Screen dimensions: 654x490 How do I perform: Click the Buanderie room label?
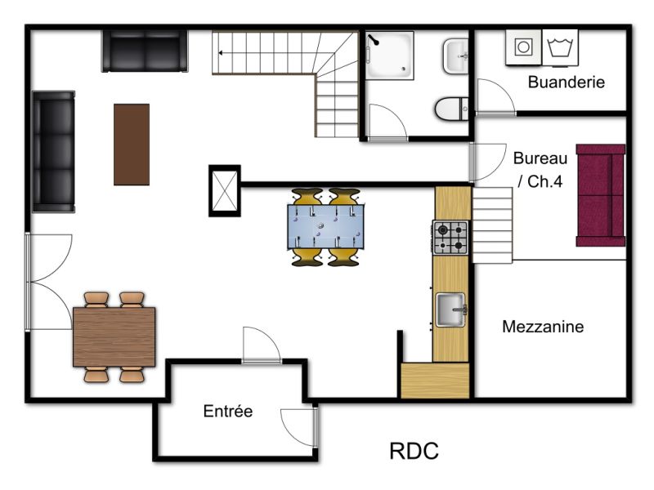[566, 82]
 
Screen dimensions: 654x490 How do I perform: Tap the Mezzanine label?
[543, 327]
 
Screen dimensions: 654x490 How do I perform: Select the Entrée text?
[228, 412]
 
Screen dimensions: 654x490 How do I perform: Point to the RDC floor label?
[414, 451]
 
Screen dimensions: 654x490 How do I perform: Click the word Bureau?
[540, 158]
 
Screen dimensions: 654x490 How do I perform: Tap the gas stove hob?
[450, 238]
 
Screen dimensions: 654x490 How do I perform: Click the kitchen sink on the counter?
[450, 310]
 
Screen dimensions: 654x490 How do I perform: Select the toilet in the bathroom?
[452, 109]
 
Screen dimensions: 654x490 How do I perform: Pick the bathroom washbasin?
[455, 56]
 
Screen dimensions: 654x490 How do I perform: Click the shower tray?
[390, 56]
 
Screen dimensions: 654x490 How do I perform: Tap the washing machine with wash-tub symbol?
[560, 47]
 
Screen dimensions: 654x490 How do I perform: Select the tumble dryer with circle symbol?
[523, 47]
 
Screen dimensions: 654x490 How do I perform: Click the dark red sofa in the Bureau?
[601, 195]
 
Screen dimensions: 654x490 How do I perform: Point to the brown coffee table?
[132, 145]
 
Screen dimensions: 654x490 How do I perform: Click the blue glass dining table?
[325, 227]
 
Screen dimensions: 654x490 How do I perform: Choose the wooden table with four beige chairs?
[114, 337]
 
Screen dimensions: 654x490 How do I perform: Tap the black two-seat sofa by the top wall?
[145, 51]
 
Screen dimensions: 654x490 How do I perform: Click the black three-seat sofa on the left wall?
[53, 152]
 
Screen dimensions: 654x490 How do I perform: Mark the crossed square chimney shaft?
[224, 191]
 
